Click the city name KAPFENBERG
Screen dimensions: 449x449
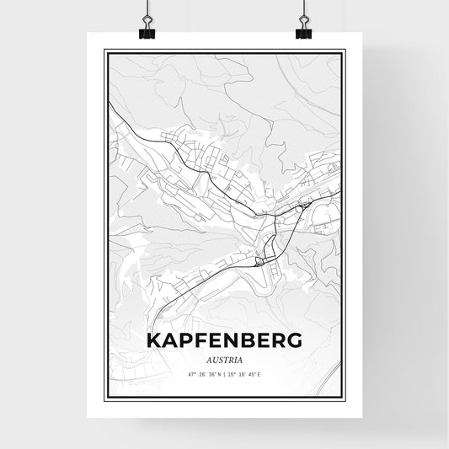coord(223,340)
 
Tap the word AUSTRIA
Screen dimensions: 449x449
coord(223,359)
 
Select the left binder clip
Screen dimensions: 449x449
coord(146,31)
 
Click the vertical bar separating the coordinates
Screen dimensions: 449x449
coord(224,374)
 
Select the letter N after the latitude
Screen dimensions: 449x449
coord(217,374)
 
